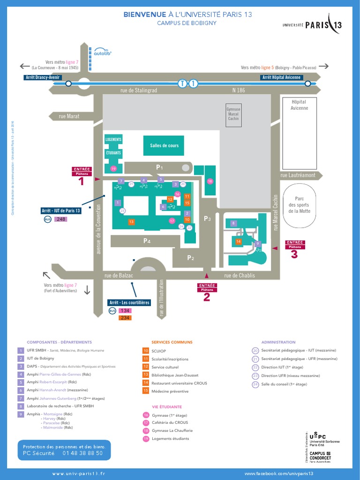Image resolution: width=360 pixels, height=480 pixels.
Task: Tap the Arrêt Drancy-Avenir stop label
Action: pyautogui.click(x=42, y=77)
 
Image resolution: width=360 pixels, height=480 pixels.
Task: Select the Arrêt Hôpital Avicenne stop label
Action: pyautogui.click(x=281, y=77)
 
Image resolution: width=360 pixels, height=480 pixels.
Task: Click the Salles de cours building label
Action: pyautogui.click(x=164, y=145)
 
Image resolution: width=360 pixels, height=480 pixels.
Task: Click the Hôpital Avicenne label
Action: pyautogui.click(x=299, y=105)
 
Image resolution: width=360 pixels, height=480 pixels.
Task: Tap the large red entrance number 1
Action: pyautogui.click(x=82, y=181)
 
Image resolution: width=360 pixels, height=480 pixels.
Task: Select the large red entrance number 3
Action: pyautogui.click(x=294, y=255)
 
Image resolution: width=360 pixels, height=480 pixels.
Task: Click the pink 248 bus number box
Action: pyautogui.click(x=61, y=219)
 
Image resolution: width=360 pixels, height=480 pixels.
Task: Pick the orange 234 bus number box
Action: pyautogui.click(x=125, y=318)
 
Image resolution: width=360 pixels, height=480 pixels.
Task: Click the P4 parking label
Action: pyautogui.click(x=147, y=241)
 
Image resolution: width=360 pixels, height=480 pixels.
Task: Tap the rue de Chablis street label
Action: pyautogui.click(x=240, y=276)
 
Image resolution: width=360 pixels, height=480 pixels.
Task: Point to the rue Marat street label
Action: pyautogui.click(x=69, y=116)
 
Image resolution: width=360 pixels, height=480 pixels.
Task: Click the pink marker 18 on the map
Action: pyautogui.click(x=210, y=181)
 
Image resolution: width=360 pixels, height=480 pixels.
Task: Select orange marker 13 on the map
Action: pyautogui.click(x=132, y=222)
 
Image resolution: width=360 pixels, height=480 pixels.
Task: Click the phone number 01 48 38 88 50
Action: pyautogui.click(x=82, y=453)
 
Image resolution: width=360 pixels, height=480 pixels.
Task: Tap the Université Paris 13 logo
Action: pyautogui.click(x=312, y=25)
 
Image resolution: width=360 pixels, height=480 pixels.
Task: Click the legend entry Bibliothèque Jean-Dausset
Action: pyautogui.click(x=175, y=375)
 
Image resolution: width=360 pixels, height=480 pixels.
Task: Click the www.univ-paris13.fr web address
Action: pyautogui.click(x=78, y=474)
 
